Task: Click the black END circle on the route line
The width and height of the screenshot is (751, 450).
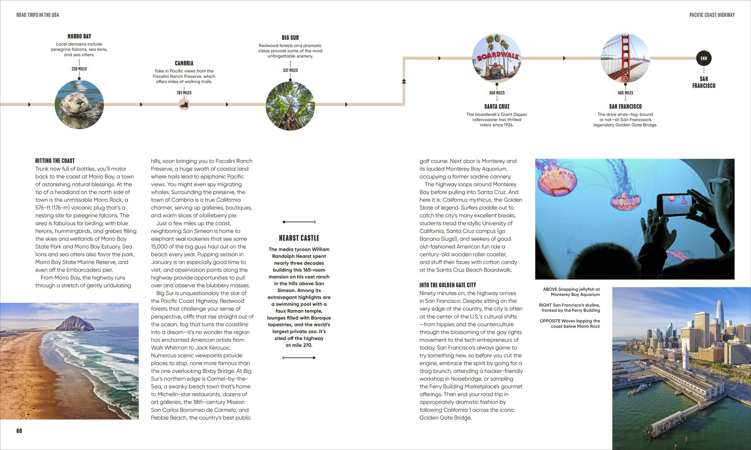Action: tap(704, 58)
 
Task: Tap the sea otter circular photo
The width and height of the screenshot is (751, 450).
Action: tap(79, 104)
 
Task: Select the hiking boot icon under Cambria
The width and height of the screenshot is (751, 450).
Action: tap(184, 104)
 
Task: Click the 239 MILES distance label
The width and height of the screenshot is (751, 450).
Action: tap(79, 69)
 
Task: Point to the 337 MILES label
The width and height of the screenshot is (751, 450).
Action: tap(290, 70)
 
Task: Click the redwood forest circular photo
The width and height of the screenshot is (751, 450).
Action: tap(290, 106)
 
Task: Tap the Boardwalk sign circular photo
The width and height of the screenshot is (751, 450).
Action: tap(497, 58)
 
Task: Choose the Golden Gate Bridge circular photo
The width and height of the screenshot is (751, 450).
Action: tap(625, 58)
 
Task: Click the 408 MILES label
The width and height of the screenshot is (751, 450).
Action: tap(497, 93)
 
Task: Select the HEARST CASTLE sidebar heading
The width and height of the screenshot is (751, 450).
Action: tap(299, 238)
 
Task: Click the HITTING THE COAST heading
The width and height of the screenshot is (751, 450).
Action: tap(55, 160)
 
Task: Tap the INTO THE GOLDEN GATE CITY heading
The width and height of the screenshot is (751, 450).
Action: tap(448, 285)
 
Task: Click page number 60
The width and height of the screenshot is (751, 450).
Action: tap(19, 431)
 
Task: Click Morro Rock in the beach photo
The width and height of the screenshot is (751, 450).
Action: tap(75, 323)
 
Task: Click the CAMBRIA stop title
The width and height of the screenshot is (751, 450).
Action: tap(184, 63)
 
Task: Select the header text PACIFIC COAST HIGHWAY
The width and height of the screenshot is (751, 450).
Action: tap(712, 15)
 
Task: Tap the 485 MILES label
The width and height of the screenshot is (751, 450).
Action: tap(625, 93)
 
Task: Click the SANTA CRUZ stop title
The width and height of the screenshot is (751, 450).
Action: tap(497, 106)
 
